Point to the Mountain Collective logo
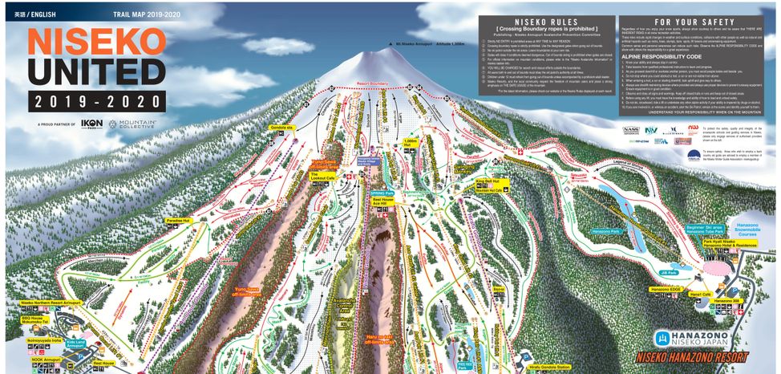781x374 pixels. pyautogui.click(x=136, y=125)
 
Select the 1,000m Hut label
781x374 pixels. pyautogui.click(x=411, y=142)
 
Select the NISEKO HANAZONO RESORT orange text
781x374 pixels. pyautogui.click(x=692, y=358)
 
